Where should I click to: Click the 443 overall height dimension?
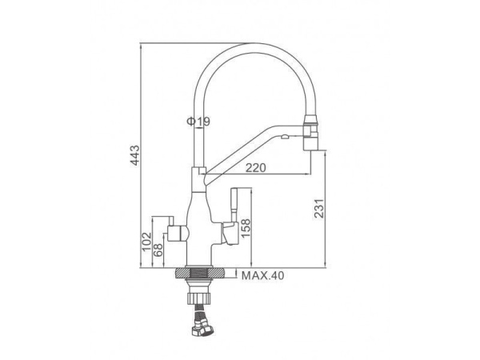(x=135, y=155)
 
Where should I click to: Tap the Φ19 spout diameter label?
(x=198, y=122)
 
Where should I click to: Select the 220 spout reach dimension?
(x=256, y=167)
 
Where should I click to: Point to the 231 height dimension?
(x=319, y=208)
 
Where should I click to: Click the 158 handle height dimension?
(x=246, y=228)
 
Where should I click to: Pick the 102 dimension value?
(x=147, y=242)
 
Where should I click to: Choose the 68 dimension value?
(x=158, y=250)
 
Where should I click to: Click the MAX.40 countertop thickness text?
(x=263, y=275)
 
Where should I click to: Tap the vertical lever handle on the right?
(x=234, y=205)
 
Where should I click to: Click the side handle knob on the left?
(x=178, y=234)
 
